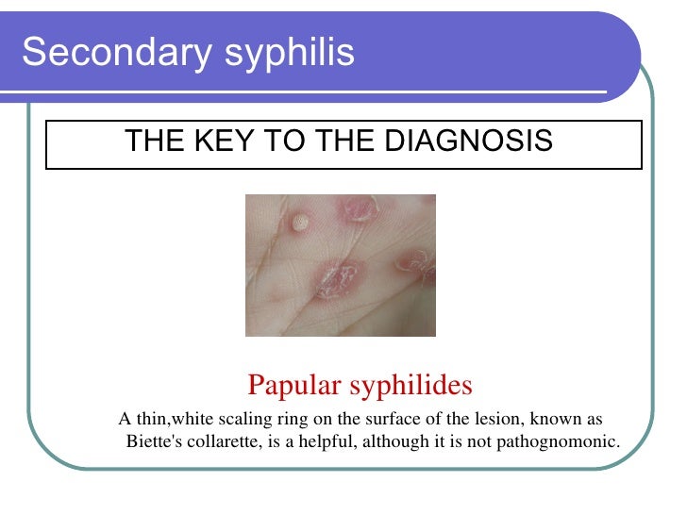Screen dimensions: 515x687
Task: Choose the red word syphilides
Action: pyautogui.click(x=412, y=385)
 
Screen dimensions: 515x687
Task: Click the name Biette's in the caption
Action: pyautogui.click(x=151, y=441)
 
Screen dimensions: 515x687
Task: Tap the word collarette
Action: pyautogui.click(x=219, y=441)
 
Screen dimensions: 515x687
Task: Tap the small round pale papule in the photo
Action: pyautogui.click(x=300, y=223)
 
